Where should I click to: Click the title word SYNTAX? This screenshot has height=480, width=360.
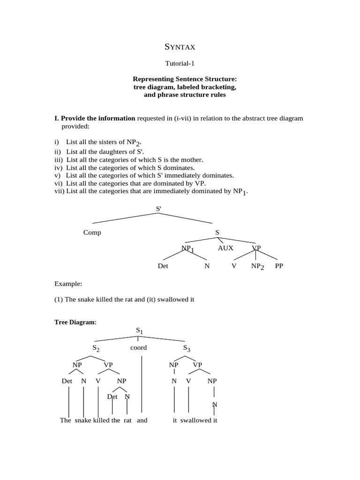pos(180,47)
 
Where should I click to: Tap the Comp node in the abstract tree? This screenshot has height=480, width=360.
pos(92,232)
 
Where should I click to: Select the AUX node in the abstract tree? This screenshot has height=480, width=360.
pos(225,248)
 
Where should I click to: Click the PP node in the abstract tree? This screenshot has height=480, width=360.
pos(279,266)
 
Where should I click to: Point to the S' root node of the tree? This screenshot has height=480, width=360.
pos(158,208)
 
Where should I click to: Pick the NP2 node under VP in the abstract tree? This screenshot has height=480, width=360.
pos(257,266)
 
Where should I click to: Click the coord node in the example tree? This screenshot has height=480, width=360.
pos(138,348)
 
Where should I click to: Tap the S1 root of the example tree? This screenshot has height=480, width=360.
pos(139,330)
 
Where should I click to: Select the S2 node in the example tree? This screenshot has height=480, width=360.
pos(96,348)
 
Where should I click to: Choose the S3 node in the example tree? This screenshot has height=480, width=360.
pos(187,348)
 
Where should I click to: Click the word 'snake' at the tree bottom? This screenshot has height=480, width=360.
pos(83,420)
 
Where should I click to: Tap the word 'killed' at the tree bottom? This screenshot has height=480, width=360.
pos(101,420)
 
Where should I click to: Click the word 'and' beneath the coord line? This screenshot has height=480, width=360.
pos(142,420)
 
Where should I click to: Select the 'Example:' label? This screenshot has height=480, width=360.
pos(68,284)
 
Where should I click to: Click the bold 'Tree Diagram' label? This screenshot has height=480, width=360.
pos(75,322)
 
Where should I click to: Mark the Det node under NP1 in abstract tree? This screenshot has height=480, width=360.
pos(163,266)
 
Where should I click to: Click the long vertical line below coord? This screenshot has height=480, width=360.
pos(142,384)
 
